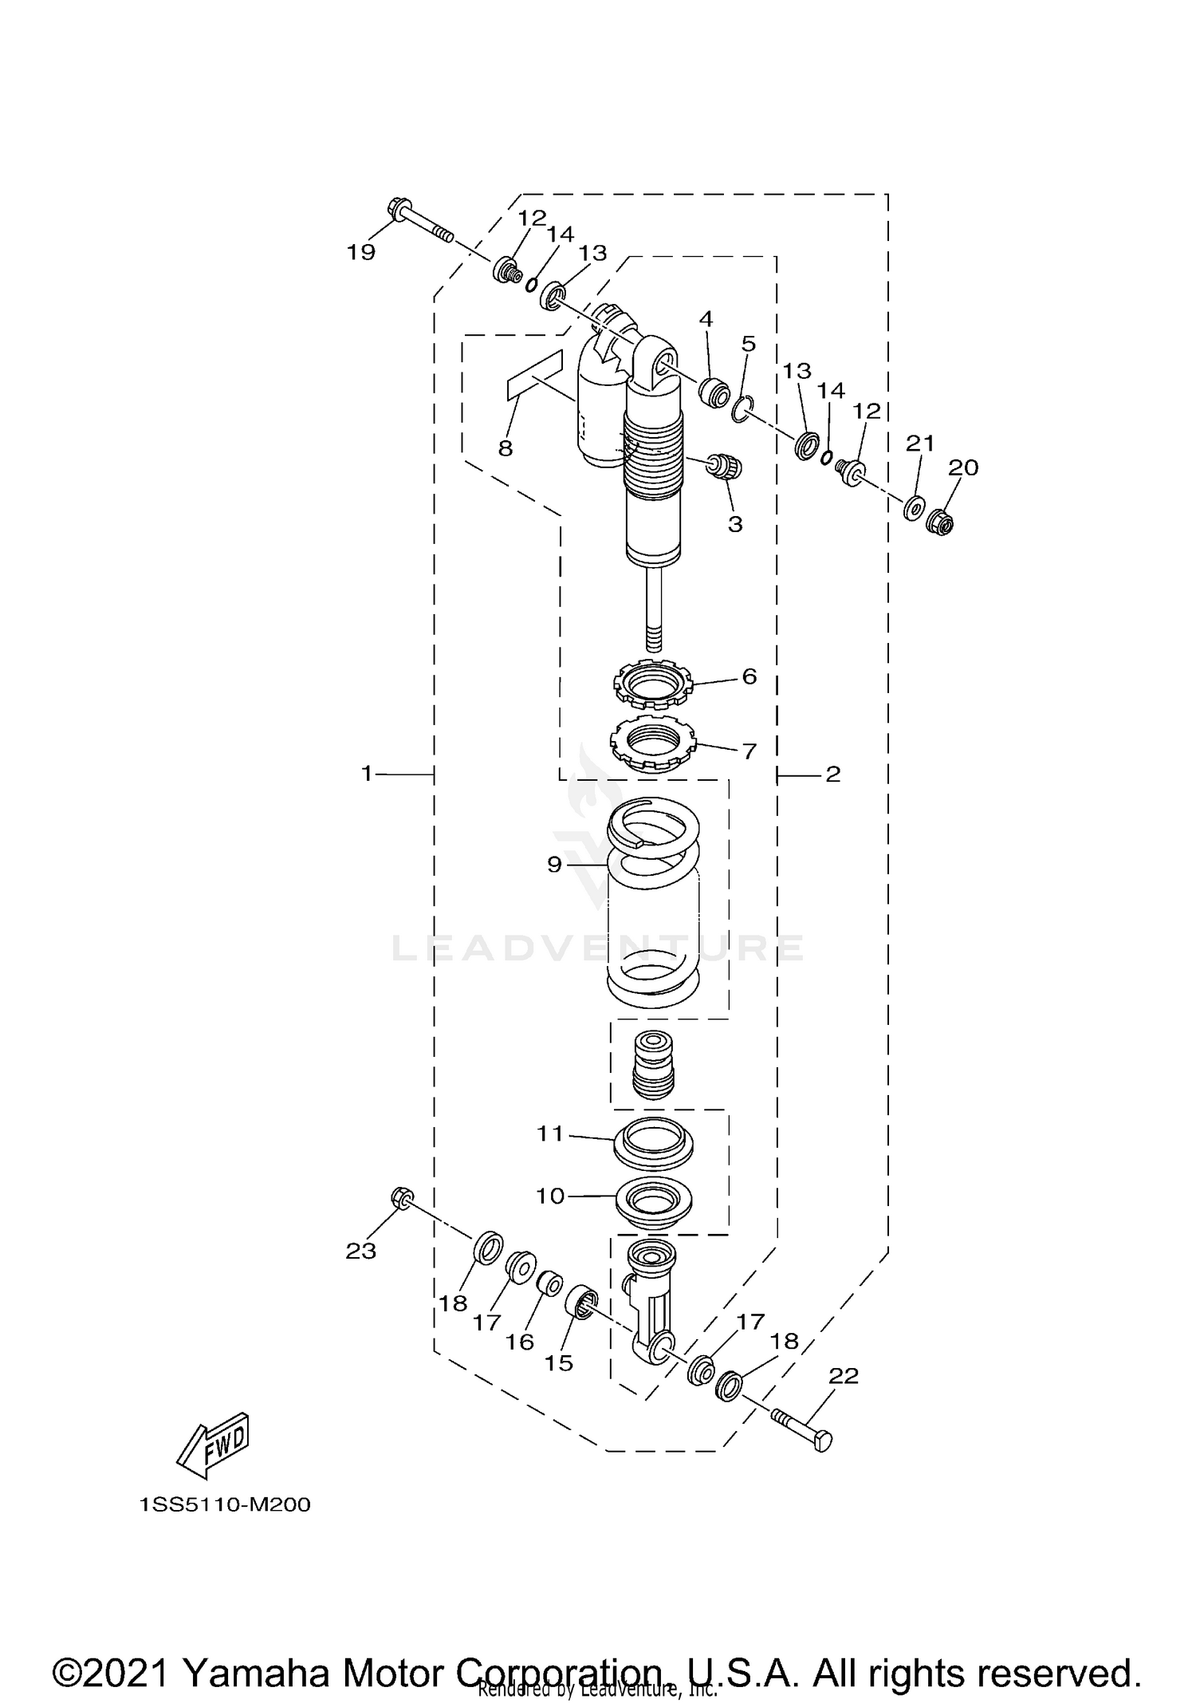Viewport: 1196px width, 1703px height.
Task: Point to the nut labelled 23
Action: click(402, 1198)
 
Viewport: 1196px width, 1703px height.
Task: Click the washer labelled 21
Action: click(914, 507)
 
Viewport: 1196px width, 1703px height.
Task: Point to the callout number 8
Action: click(506, 448)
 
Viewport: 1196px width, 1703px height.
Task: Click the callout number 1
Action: click(367, 773)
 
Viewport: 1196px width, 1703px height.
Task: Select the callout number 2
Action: click(833, 773)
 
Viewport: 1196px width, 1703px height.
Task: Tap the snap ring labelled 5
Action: click(741, 410)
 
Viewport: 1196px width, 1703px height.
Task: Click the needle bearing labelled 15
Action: click(581, 1303)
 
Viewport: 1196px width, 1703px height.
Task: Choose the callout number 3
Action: click(735, 524)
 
